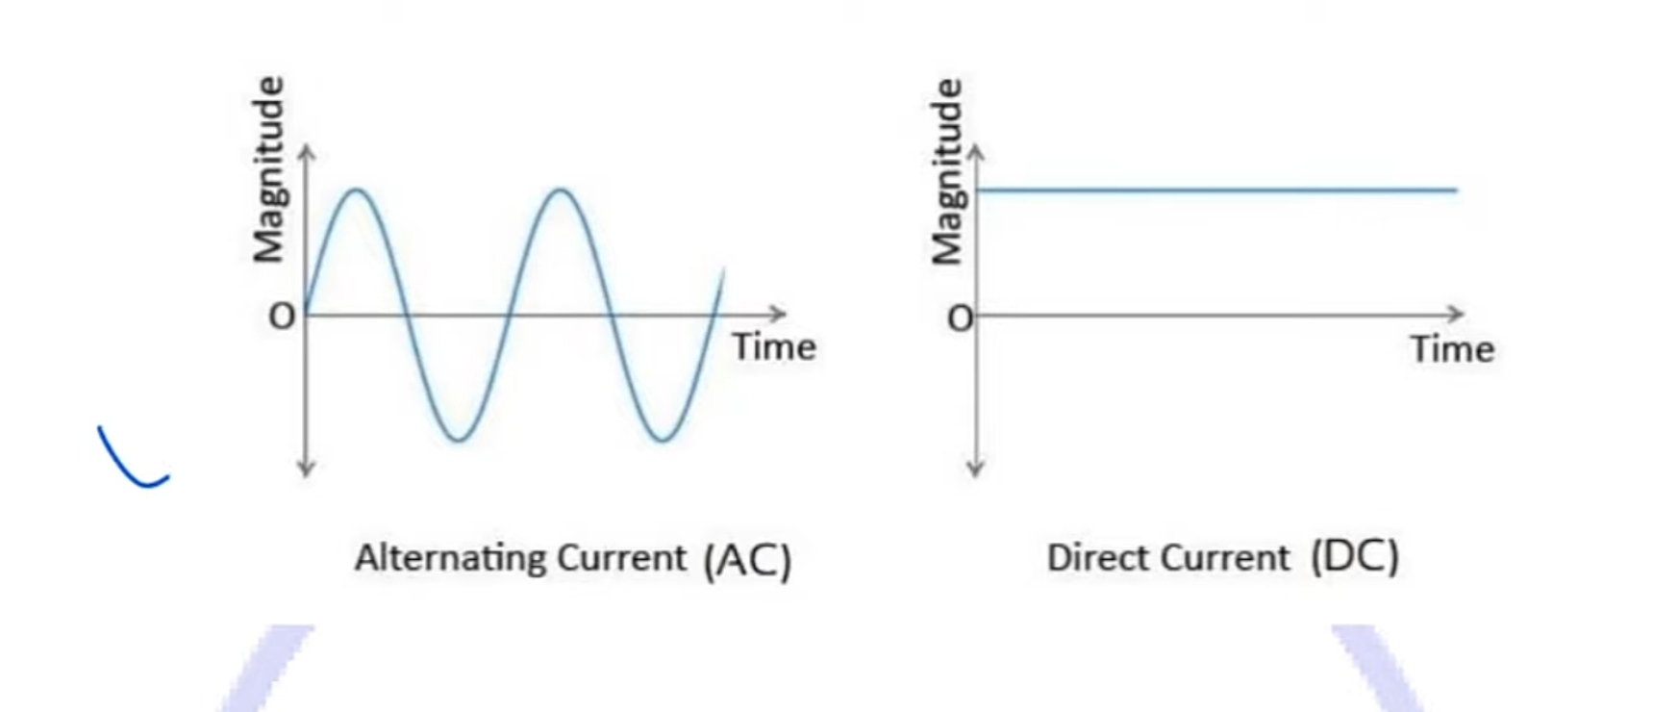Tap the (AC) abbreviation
tap(747, 560)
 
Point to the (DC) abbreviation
tap(1355, 557)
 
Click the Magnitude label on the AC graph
tap(269, 169)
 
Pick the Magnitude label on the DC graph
tap(947, 171)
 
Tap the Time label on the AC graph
tap(774, 347)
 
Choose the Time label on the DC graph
tap(1452, 349)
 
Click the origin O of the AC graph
tap(282, 317)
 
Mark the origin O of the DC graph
tap(960, 318)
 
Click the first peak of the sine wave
tap(357, 191)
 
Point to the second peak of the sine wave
tap(561, 191)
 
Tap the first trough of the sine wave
tap(459, 440)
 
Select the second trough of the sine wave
tap(663, 440)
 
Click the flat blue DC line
tap(1216, 191)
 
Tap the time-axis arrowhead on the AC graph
tap(779, 314)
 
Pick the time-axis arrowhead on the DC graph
tap(1456, 314)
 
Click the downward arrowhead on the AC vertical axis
tap(306, 470)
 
